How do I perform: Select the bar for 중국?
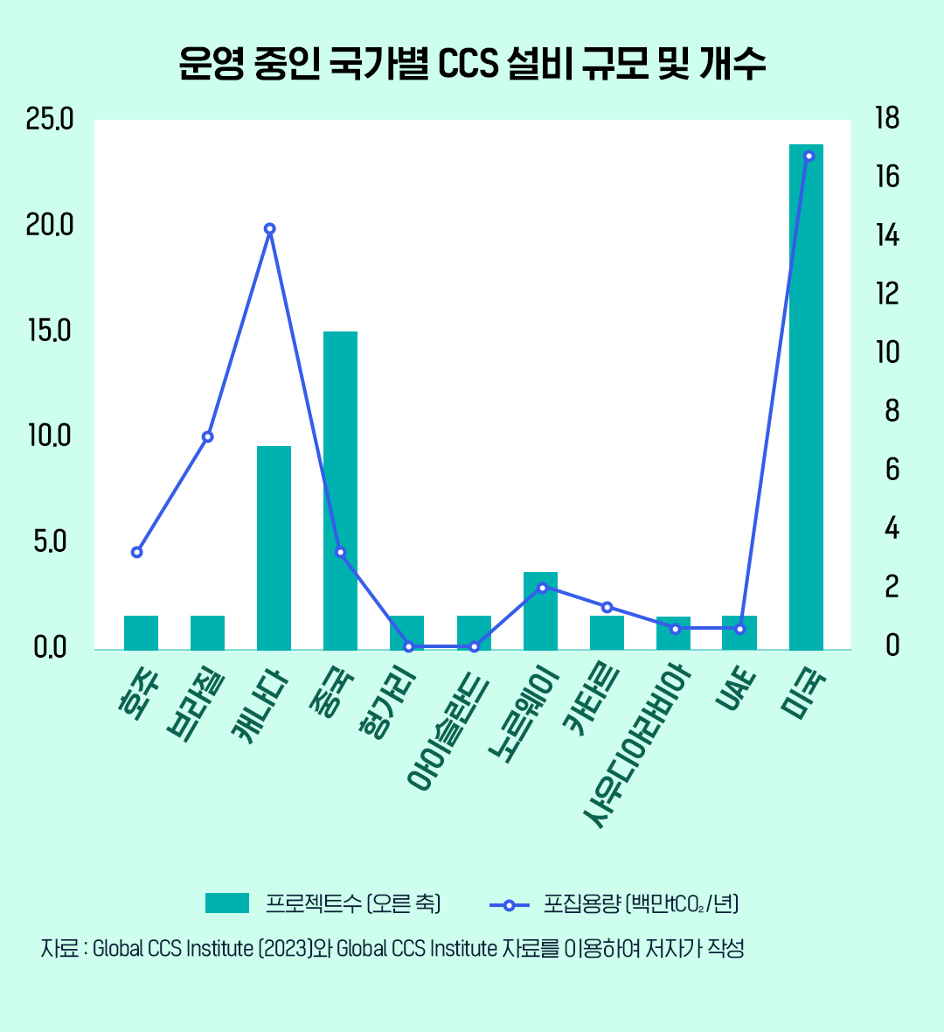tap(340, 490)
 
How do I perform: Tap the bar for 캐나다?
tap(274, 547)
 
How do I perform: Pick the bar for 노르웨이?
tap(540, 610)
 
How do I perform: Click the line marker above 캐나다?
tap(270, 229)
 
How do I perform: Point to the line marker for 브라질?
tap(207, 436)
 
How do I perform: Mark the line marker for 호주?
tap(137, 552)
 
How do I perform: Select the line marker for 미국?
tap(809, 156)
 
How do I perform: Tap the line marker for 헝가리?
tap(408, 646)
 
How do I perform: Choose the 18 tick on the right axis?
tap(886, 119)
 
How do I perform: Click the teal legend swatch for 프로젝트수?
tap(227, 903)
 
